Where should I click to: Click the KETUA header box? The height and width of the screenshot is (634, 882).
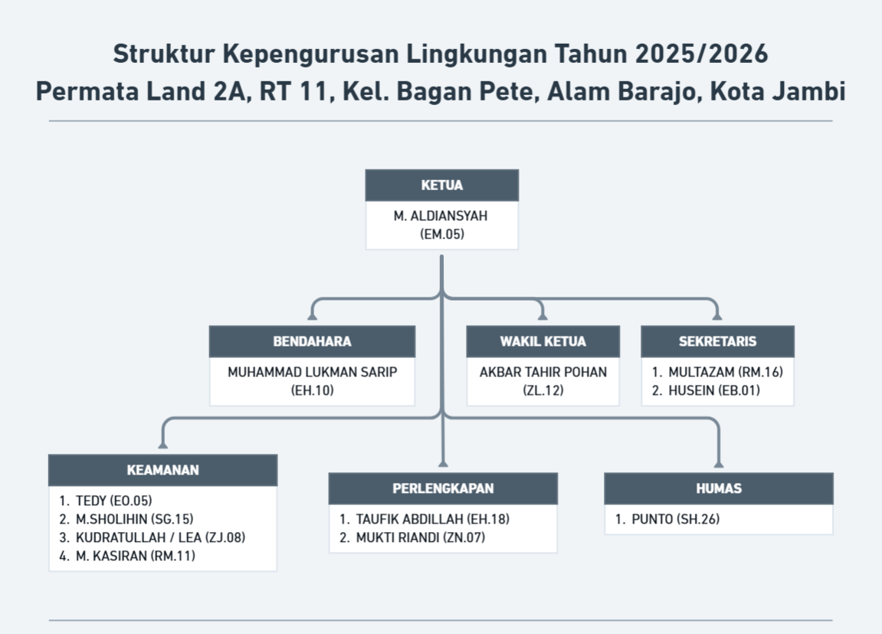[441, 185]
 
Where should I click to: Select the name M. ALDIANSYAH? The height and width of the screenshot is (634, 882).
[441, 216]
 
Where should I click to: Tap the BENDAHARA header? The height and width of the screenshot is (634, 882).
[312, 341]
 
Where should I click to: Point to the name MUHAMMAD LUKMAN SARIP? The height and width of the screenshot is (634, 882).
[312, 373]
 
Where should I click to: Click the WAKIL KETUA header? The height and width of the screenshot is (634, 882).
[543, 341]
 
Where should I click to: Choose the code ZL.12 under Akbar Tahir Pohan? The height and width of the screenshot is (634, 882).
[543, 390]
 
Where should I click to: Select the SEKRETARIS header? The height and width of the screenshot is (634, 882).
[717, 341]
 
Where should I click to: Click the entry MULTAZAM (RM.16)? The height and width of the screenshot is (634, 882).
[726, 373]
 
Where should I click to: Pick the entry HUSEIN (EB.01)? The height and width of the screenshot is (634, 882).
[714, 390]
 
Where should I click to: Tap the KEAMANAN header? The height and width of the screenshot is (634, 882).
[162, 470]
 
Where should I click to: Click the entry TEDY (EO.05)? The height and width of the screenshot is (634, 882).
[113, 501]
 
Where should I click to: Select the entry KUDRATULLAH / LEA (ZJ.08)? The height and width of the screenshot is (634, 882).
[160, 537]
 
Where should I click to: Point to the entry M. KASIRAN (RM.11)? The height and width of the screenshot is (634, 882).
[136, 556]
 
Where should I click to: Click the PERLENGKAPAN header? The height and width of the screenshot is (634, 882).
[443, 488]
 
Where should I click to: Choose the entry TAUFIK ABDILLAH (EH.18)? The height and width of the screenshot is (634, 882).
[432, 519]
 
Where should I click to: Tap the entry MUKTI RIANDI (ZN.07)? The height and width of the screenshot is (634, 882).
[420, 537]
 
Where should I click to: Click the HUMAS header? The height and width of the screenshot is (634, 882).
[718, 488]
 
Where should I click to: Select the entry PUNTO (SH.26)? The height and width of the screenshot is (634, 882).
[676, 519]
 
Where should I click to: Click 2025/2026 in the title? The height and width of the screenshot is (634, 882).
[702, 54]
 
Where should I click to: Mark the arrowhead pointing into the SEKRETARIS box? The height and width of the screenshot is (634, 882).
[717, 317]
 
